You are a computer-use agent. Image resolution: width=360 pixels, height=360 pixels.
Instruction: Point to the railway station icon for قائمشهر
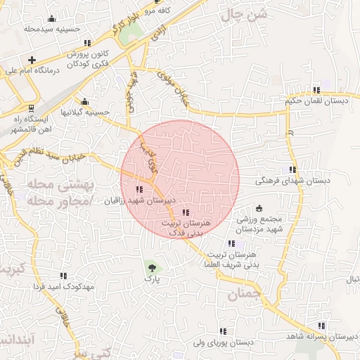[x=30, y=107]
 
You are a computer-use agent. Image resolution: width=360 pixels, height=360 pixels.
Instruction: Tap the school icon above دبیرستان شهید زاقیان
[x=139, y=188]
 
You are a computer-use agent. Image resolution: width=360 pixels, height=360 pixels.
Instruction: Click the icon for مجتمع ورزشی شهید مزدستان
[x=259, y=208]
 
